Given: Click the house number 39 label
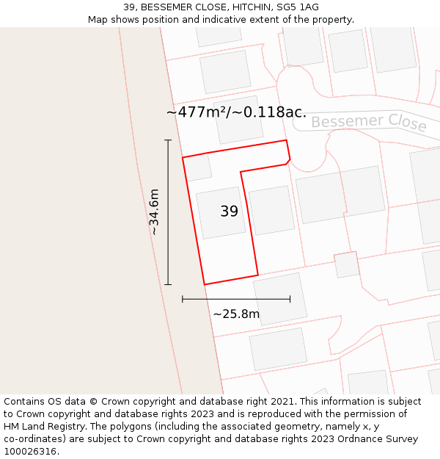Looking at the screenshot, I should [x=230, y=212].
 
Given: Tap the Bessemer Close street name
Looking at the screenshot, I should [x=368, y=122].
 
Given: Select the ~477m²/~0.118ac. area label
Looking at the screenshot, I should [x=236, y=112].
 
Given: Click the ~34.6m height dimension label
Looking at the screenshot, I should [x=154, y=212].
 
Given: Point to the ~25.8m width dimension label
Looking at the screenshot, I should [x=236, y=314].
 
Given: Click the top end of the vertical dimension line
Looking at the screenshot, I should [x=168, y=140].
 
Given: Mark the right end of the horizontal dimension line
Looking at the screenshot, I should [x=290, y=299].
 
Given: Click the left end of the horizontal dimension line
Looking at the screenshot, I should [x=183, y=299].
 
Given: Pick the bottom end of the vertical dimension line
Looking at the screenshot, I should [x=168, y=284].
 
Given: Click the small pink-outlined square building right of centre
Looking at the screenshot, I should [x=347, y=265].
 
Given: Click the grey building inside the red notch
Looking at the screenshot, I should [x=271, y=210].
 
